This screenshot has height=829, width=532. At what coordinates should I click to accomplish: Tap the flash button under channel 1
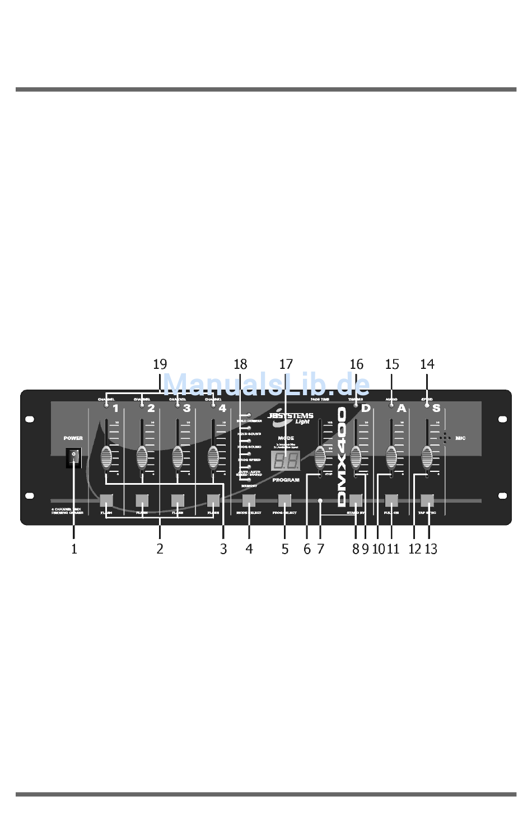(x=106, y=500)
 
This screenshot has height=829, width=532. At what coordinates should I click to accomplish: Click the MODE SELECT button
(x=249, y=500)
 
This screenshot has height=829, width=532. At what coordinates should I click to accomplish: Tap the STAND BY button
(x=356, y=500)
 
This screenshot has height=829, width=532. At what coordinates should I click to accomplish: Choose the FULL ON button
(x=391, y=500)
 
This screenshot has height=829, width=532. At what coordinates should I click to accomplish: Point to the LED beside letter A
(x=391, y=405)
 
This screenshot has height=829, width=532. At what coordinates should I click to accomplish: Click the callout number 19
(x=160, y=364)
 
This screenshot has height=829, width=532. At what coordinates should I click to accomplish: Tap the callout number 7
(x=320, y=549)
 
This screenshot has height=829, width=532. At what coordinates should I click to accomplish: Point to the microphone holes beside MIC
(x=445, y=438)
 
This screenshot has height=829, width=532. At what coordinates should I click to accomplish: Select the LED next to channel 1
(x=106, y=405)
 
